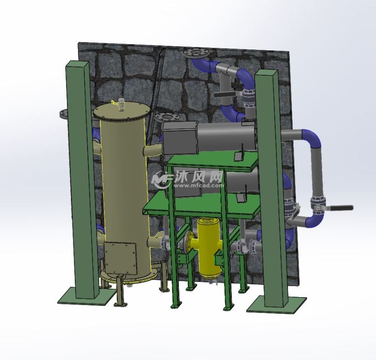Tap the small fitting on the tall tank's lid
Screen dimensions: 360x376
121,104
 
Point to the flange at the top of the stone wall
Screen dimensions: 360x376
195,52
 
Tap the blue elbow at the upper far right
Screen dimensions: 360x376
315,139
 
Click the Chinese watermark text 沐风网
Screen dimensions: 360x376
198,177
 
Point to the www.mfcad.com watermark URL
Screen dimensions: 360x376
198,187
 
